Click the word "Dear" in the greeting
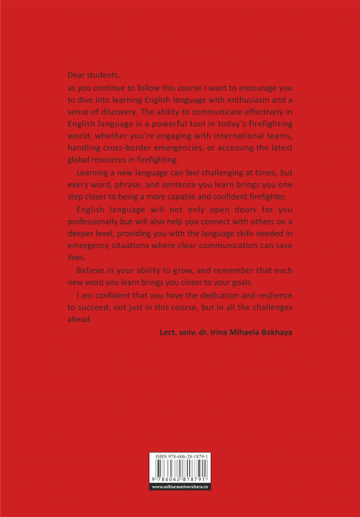(x=77, y=75)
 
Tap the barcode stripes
(x=180, y=473)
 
